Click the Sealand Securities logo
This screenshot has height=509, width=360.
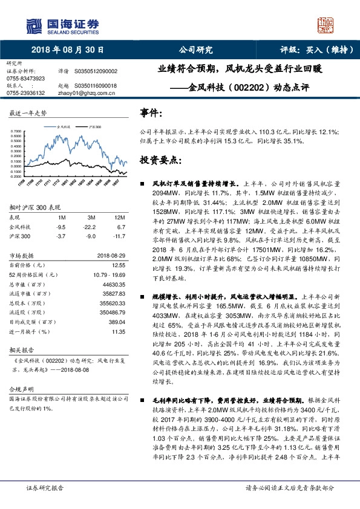point(63,25)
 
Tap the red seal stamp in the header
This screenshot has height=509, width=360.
point(326,25)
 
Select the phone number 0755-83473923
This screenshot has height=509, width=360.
point(25,79)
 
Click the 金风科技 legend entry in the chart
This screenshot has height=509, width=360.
point(64,128)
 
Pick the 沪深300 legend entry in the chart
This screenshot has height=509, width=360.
point(94,128)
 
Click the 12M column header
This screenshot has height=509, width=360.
point(119,217)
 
